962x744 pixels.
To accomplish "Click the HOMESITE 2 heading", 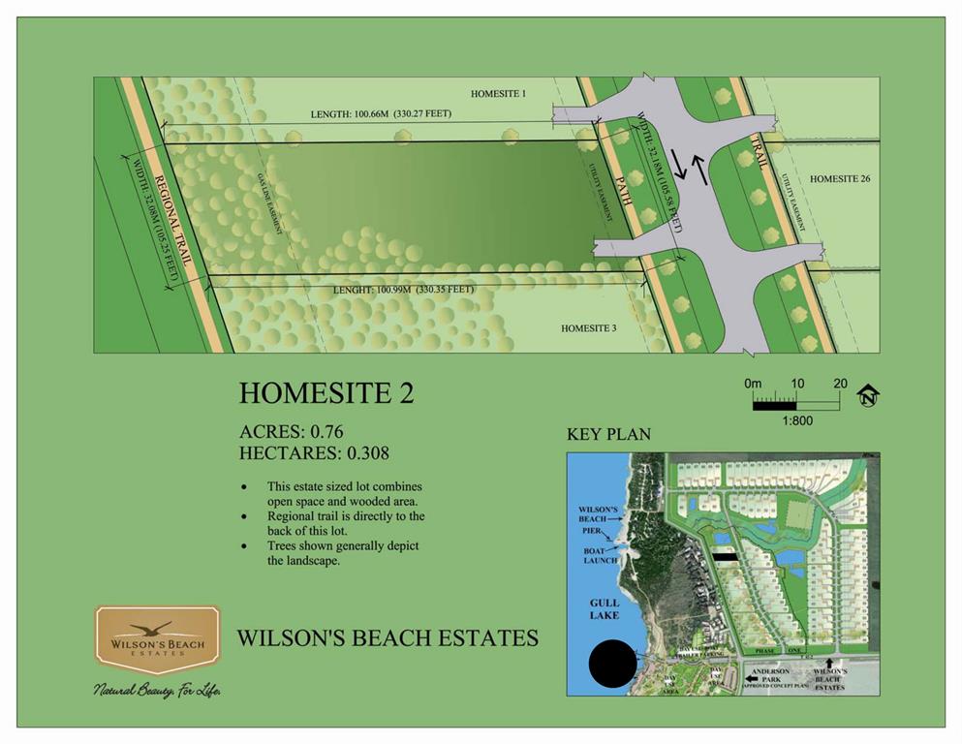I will coord(326,393).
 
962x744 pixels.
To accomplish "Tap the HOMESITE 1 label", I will coord(498,94).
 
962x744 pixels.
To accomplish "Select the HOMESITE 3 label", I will coord(588,328).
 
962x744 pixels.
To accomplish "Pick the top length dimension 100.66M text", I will coord(381,114).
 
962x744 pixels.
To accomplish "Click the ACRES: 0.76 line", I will coord(292,432).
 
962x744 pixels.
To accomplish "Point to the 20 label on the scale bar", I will coord(840,384).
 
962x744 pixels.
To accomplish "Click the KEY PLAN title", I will coord(608,434).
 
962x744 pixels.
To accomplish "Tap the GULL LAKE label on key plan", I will coord(605,609).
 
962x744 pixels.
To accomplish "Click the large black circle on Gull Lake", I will coord(613,665).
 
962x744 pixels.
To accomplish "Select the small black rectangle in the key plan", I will coord(724,557).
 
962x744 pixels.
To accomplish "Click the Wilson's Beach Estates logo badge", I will coord(157,639).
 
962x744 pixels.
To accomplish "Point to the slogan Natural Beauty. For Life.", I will coord(158,691).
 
